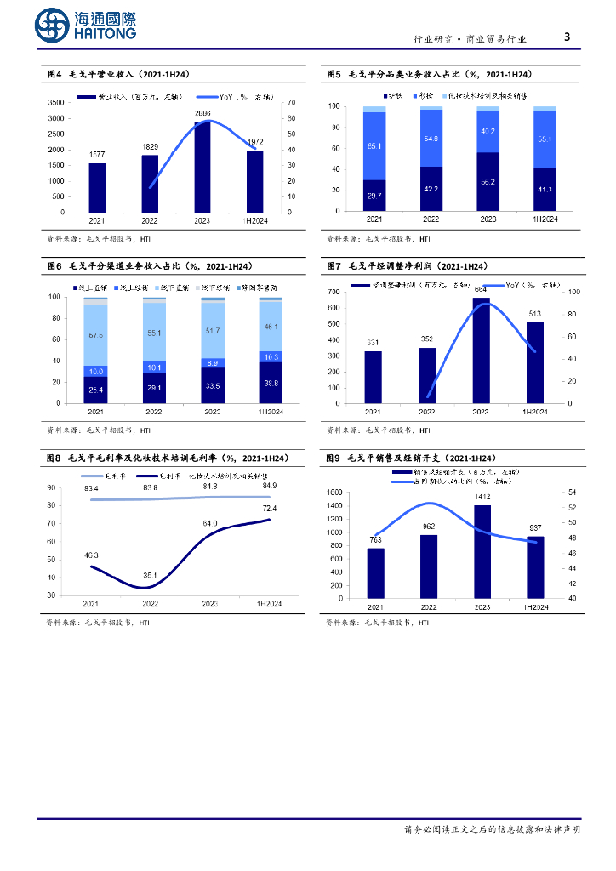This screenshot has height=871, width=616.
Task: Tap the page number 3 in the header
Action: pos(568,37)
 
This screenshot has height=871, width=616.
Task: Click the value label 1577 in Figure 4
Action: pos(97,154)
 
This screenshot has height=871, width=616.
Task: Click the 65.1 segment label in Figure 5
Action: pos(374,146)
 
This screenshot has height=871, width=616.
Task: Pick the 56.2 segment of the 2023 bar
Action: pos(488,182)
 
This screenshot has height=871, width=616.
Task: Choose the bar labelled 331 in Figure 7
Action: pos(374,377)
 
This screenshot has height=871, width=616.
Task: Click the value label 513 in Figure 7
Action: pos(534,313)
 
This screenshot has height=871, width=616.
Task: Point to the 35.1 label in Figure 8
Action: pos(150,575)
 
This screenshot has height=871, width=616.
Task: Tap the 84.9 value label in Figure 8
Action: pos(271,487)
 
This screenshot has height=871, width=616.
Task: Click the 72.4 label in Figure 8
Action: pos(271,508)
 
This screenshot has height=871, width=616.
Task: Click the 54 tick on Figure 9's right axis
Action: pos(571,492)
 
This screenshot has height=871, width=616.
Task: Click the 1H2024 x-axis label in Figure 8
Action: pos(269,604)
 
